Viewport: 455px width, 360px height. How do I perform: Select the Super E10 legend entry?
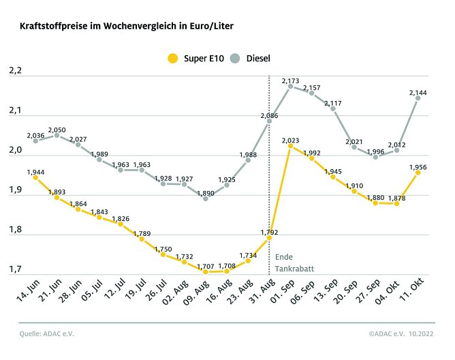[194, 59]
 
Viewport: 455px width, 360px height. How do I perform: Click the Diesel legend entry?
[249, 59]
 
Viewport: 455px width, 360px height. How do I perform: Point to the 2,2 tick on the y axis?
[15, 71]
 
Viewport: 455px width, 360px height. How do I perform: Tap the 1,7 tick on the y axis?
[15, 269]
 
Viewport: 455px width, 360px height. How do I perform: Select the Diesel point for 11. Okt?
[418, 97]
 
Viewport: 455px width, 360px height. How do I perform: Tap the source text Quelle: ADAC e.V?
[46, 333]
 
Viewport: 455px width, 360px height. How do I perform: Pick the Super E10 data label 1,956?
[418, 166]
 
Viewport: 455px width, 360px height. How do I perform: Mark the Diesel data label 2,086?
[269, 116]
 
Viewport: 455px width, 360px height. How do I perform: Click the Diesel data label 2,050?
[57, 129]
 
